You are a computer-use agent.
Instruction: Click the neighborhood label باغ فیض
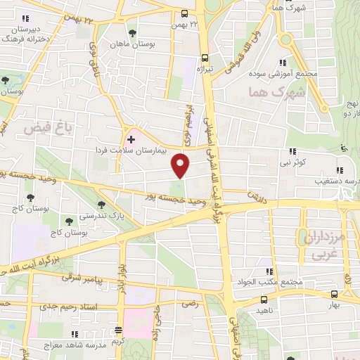(x=49, y=127)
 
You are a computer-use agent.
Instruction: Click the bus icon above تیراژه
(x=205, y=58)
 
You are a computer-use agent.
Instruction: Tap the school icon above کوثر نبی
(x=292, y=151)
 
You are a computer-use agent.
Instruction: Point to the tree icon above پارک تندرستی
(x=103, y=205)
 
